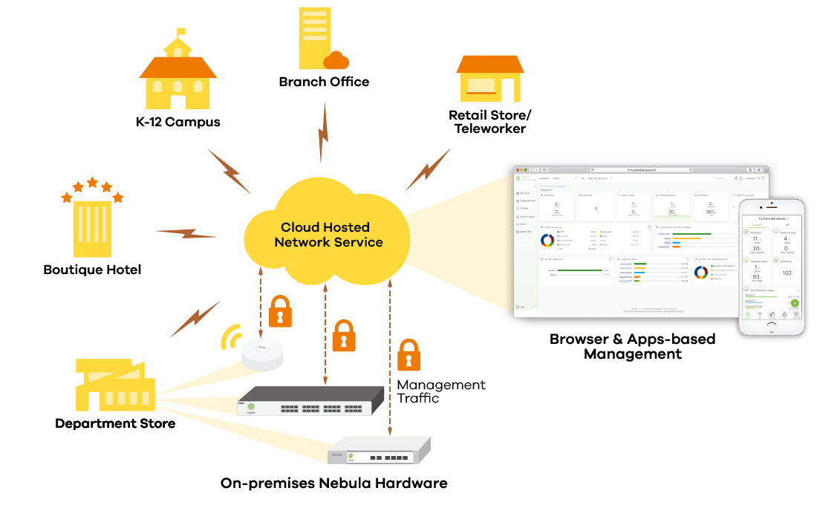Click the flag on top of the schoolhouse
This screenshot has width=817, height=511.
[180, 32]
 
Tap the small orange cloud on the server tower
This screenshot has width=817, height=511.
[336, 60]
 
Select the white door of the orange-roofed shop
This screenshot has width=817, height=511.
[507, 90]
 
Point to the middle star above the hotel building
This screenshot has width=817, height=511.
[92, 182]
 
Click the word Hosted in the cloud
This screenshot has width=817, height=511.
[344, 227]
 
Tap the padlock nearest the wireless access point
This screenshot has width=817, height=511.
[280, 312]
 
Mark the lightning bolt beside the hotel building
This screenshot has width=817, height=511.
[186, 233]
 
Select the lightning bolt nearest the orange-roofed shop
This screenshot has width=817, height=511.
[428, 169]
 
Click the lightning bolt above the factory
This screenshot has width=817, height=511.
[195, 319]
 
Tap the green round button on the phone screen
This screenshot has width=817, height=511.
[794, 303]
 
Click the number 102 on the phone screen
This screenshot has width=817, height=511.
[787, 273]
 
